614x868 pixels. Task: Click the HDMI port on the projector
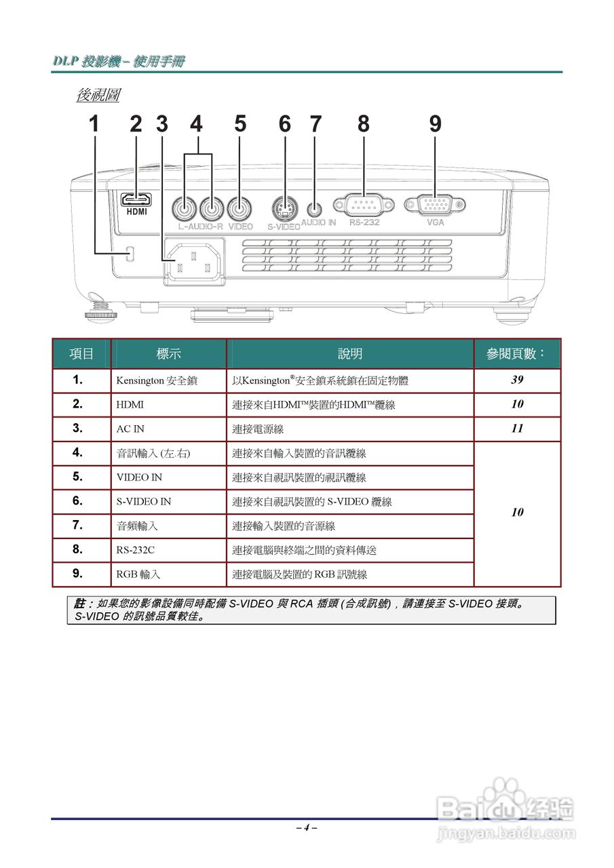pos(136,199)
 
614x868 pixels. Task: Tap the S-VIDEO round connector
pos(285,207)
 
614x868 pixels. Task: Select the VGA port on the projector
pos(434,204)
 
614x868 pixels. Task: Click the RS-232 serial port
pos(363,204)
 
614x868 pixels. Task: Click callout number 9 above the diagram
pos(435,124)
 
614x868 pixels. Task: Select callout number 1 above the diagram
pos(94,124)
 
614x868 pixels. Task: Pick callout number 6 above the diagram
pos(285,124)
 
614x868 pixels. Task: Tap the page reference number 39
pos(517,380)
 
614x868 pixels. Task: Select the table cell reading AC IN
pos(130,429)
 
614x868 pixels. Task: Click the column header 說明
pos(350,354)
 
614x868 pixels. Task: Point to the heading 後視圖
pos(98,96)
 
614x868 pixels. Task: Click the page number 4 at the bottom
pos(307,827)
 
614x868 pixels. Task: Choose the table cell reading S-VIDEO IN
pos(144,502)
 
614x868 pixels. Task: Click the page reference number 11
pos(517,429)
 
